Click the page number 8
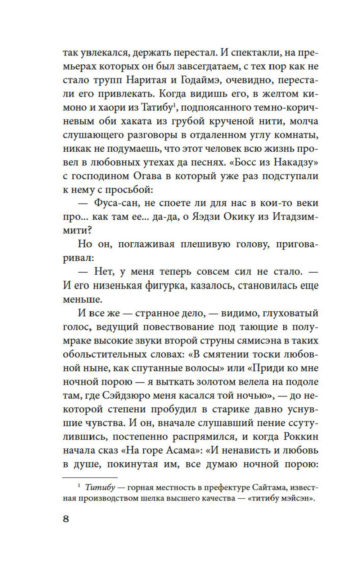[66, 519]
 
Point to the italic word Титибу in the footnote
[100, 488]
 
